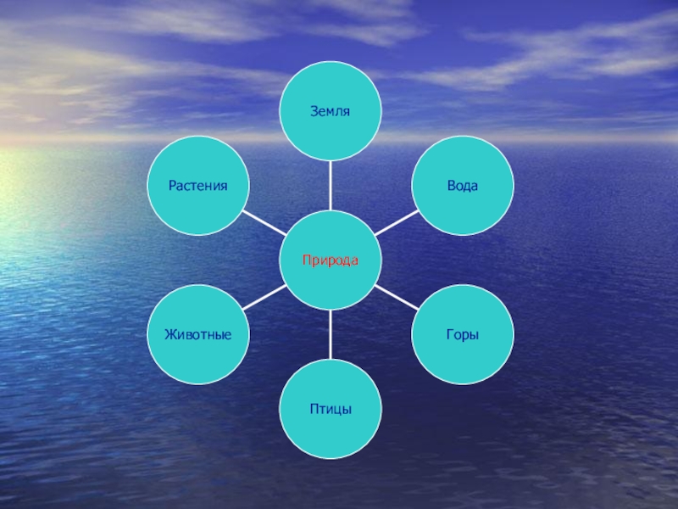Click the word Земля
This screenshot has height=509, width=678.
point(331,111)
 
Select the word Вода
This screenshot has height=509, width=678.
point(463,185)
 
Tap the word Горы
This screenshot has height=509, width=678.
point(463,334)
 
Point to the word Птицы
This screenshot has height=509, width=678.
point(331,410)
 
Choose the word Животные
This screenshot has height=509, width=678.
point(198,334)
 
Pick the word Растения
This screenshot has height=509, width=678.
point(198,185)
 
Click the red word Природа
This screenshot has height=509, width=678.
point(331,260)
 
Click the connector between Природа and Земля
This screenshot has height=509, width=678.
point(331,186)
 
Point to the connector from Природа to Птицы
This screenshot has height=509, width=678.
point(331,335)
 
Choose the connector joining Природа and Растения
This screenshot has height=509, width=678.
point(265,223)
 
